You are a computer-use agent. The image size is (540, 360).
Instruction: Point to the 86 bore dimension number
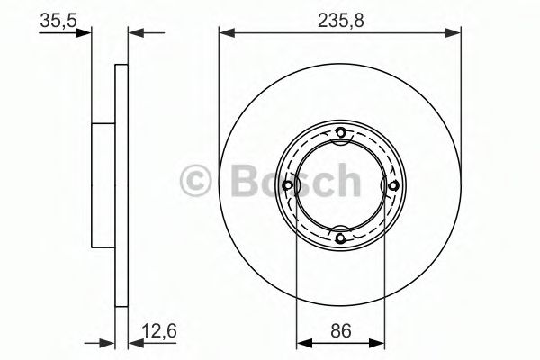[339, 330]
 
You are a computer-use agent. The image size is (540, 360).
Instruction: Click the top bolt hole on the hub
[340, 135]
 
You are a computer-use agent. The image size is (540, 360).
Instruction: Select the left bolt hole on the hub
[288, 186]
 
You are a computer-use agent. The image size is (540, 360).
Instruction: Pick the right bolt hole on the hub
[392, 186]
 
